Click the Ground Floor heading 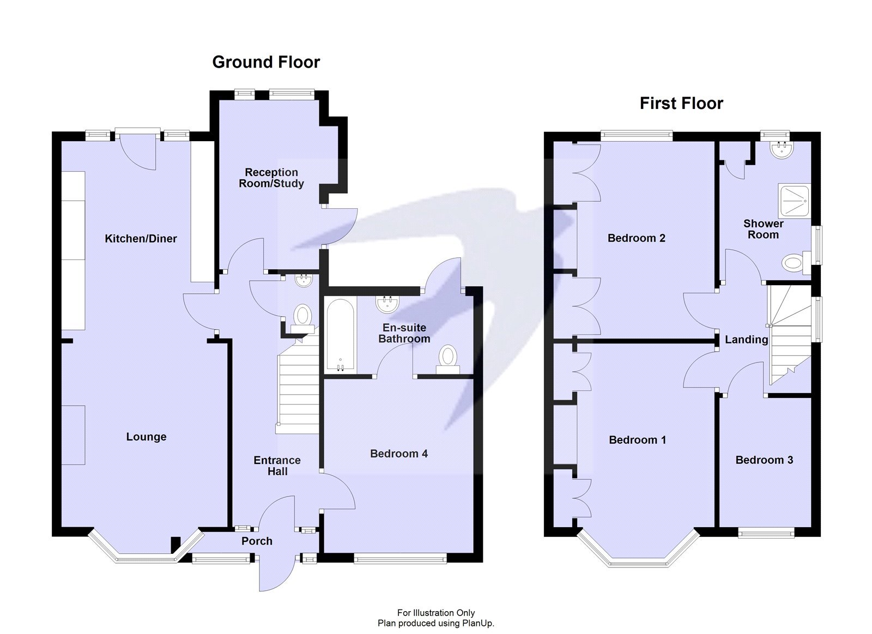[265, 62]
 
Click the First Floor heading [681, 104]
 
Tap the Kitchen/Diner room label [141, 239]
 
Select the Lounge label [146, 437]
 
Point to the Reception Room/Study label [271, 178]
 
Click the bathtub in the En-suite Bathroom [341, 336]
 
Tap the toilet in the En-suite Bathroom [448, 358]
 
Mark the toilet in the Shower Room [795, 264]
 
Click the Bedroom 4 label [398, 454]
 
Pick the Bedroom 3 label [764, 460]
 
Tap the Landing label [746, 340]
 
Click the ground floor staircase [298, 390]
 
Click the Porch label [257, 541]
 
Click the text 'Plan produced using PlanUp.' [435, 623]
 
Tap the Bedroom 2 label [636, 238]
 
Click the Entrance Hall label [277, 466]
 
